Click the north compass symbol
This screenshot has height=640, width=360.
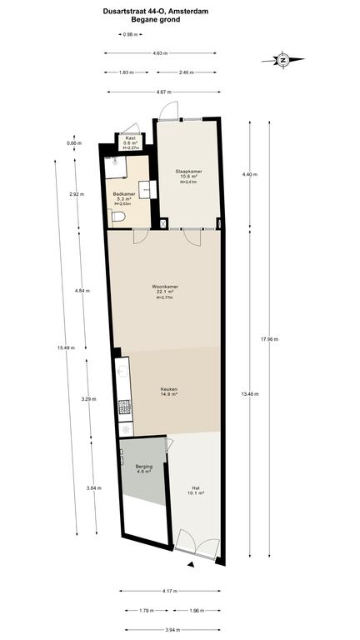tap(282, 60)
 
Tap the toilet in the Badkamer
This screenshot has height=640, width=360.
tap(117, 216)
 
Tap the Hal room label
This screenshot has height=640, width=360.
tap(195, 487)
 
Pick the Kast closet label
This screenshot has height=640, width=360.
tap(130, 138)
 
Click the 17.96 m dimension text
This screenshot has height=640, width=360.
tap(269, 339)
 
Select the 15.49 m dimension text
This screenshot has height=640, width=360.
tap(66, 347)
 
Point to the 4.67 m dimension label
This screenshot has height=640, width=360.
tap(164, 92)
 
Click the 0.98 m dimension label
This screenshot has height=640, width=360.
tap(130, 35)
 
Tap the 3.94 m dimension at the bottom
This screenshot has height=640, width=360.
tap(170, 630)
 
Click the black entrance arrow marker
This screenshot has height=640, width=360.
tap(191, 564)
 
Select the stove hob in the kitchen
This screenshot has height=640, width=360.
tap(124, 407)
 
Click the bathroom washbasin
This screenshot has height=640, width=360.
tap(145, 190)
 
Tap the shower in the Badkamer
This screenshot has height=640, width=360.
tap(116, 167)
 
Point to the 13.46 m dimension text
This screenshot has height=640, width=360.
tap(250, 394)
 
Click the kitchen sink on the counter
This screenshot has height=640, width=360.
tap(122, 371)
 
